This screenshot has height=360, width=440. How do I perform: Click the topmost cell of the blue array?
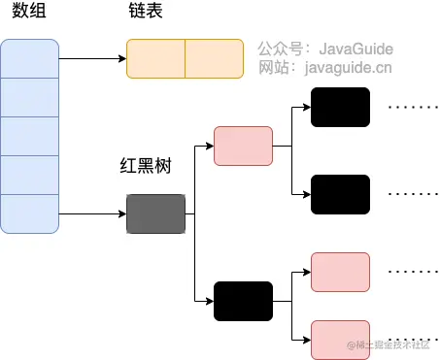[x=30, y=59]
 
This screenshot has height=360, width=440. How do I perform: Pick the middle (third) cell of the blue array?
[x=30, y=136]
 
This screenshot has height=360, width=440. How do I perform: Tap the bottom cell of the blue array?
[x=30, y=213]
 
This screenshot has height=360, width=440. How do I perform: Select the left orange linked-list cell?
[x=155, y=59]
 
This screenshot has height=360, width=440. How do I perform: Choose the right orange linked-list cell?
[x=214, y=59]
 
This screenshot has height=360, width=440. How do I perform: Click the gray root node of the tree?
[x=155, y=213]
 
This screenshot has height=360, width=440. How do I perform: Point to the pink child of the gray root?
[x=243, y=146]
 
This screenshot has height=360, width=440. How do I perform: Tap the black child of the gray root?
[x=243, y=301]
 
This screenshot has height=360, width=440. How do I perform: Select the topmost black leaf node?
[x=340, y=107]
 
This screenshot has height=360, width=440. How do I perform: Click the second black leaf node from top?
[x=340, y=194]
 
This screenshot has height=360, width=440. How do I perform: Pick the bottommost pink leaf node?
[x=340, y=340]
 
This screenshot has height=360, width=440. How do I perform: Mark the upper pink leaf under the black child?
[x=340, y=272]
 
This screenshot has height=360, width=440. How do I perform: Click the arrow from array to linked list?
[x=92, y=59]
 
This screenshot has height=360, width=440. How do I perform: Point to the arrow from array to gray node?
[x=92, y=213]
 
